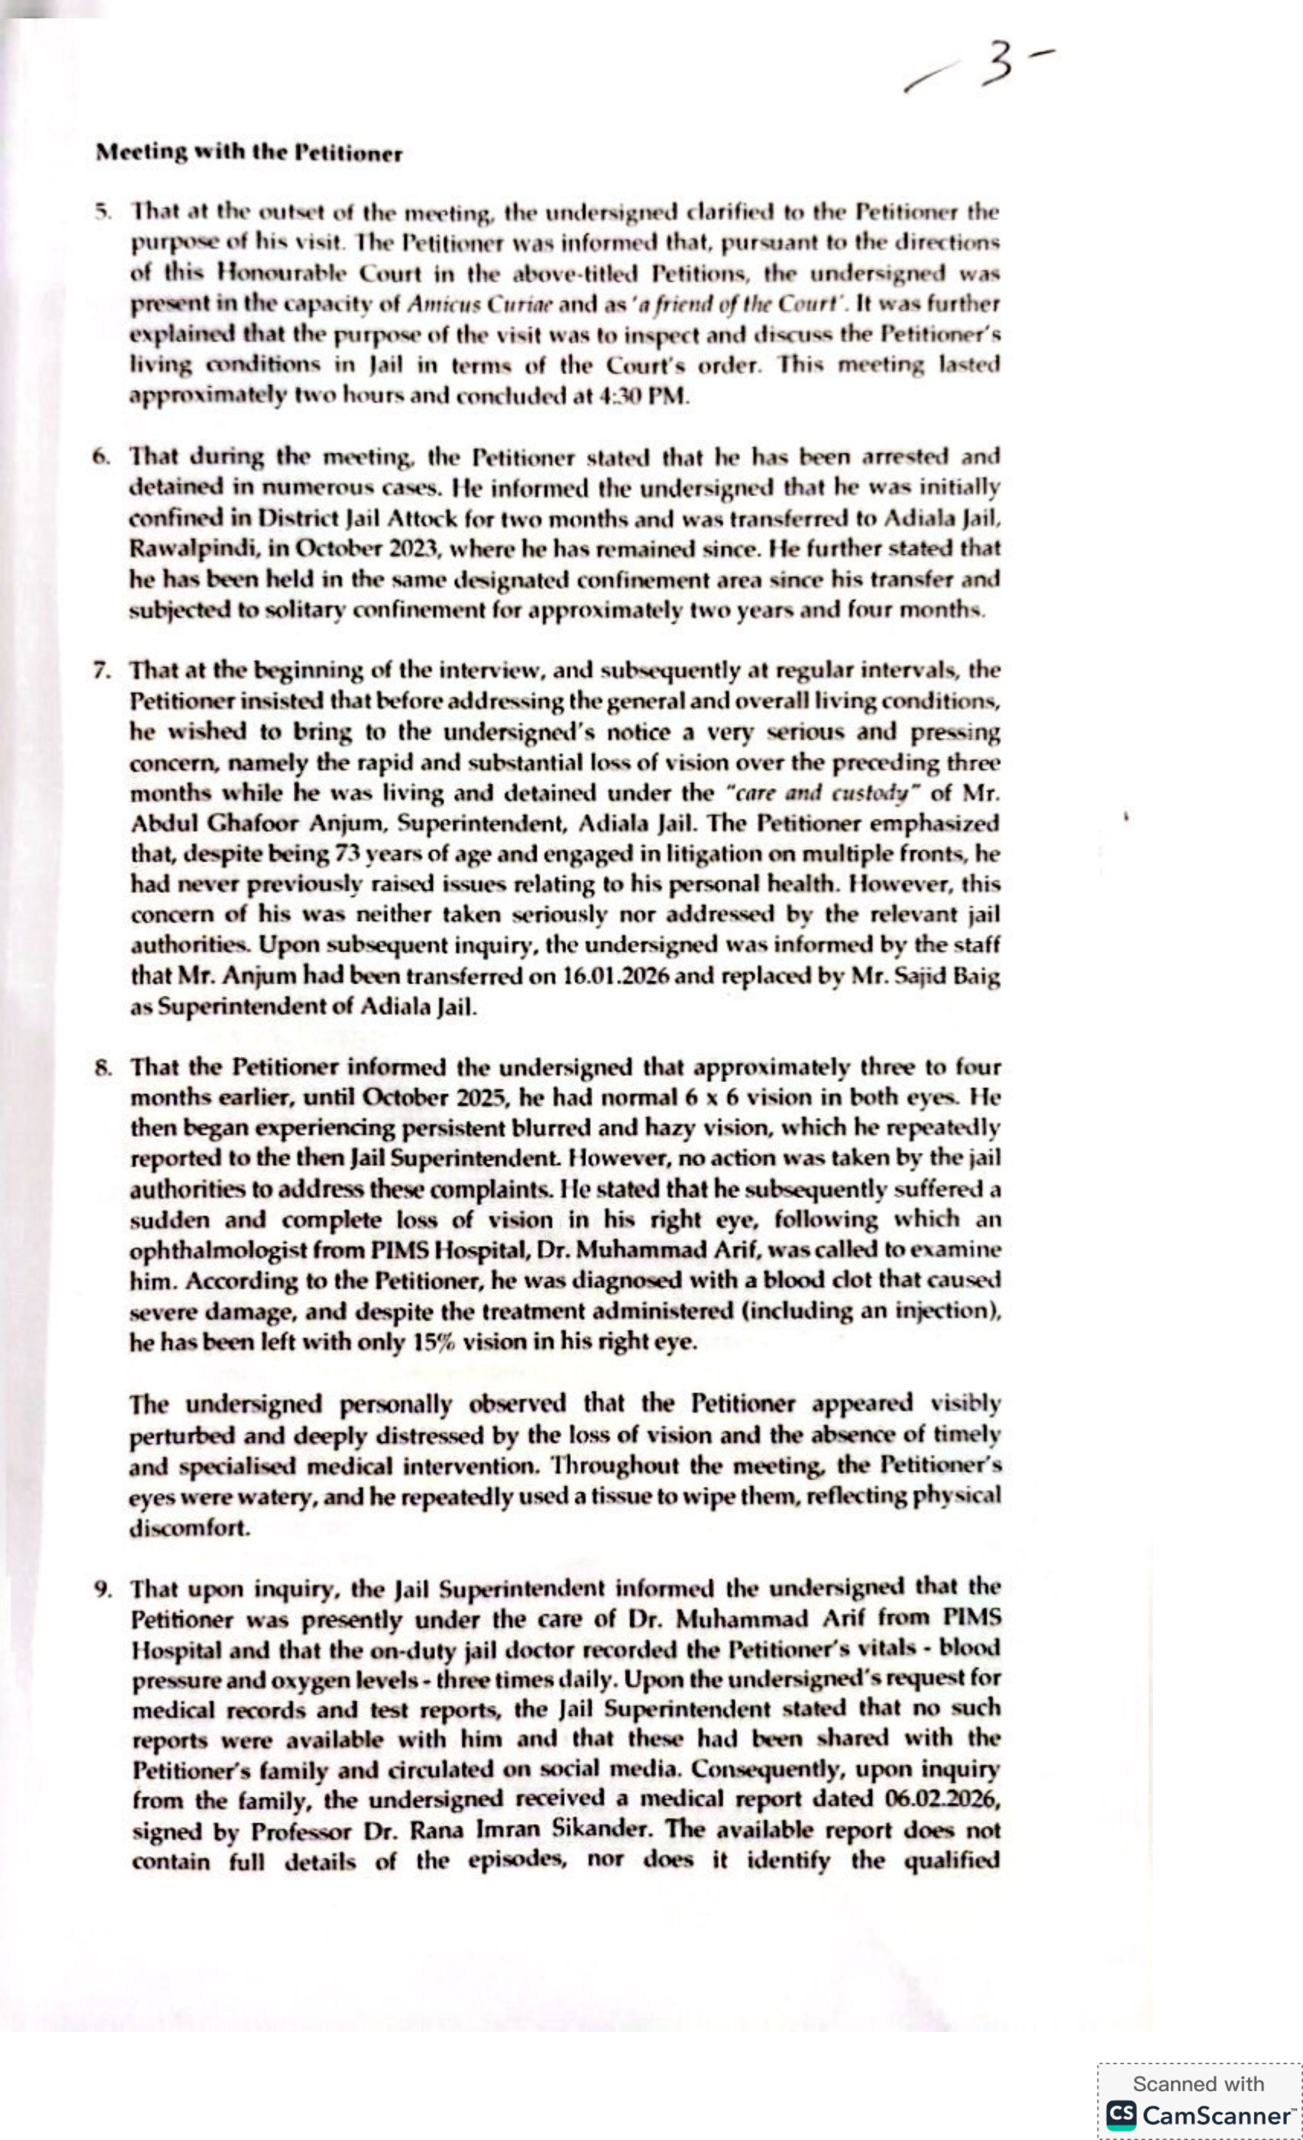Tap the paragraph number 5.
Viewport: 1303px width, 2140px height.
103,211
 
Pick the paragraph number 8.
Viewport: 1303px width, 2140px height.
102,1067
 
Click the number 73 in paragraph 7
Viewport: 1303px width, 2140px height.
345,854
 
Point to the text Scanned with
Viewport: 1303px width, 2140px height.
1198,2084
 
